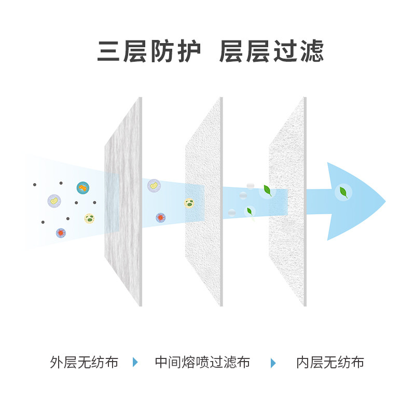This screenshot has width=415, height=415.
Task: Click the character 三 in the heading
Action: tap(108, 51)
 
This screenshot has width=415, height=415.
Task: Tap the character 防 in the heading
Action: tap(162, 51)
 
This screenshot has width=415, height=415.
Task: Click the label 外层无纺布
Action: tap(84, 362)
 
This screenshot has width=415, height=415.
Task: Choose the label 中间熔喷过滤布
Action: tap(202, 362)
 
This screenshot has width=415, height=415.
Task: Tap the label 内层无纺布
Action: tap(330, 362)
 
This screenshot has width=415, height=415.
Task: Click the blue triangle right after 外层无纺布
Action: tap(135, 362)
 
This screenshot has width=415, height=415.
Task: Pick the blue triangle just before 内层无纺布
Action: tap(273, 363)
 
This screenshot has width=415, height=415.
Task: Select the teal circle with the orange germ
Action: tap(83, 188)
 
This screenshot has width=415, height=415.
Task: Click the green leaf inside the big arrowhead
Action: tap(343, 192)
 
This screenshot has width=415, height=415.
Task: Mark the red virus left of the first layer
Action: tap(61, 233)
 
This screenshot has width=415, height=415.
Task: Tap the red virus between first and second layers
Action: tap(161, 218)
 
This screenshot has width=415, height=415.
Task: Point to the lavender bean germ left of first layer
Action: tap(54, 201)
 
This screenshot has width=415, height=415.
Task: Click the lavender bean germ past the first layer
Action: tap(154, 186)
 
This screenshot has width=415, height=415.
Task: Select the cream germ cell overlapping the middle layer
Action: tap(189, 203)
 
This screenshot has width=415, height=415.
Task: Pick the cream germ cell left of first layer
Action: tap(89, 218)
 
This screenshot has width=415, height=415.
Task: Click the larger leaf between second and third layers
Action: tap(268, 190)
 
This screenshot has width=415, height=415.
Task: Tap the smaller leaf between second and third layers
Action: tap(250, 211)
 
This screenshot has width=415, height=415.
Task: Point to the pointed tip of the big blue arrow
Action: tap(385, 201)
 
